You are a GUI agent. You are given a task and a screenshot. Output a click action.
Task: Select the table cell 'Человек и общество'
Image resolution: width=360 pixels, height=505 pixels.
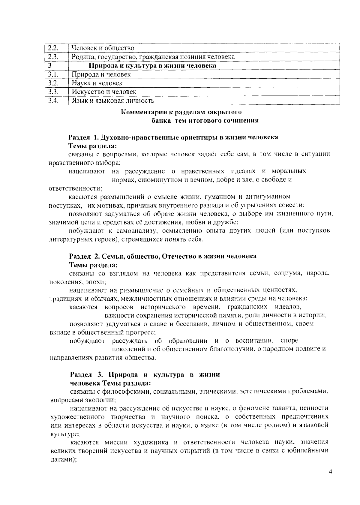(103, 48)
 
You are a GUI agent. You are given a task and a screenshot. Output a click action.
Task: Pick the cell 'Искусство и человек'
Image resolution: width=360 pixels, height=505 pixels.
(104, 92)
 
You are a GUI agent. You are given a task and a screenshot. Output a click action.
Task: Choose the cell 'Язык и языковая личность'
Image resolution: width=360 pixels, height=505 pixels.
(113, 101)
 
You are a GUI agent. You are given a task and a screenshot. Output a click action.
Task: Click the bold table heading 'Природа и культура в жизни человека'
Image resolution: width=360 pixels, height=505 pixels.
(153, 65)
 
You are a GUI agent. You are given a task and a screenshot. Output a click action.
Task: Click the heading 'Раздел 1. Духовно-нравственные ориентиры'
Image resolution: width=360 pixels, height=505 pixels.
(173, 137)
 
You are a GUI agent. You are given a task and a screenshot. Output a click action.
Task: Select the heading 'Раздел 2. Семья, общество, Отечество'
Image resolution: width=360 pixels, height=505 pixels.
(163, 256)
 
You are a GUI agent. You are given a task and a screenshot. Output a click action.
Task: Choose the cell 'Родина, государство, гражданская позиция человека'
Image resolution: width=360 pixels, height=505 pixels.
(153, 57)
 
